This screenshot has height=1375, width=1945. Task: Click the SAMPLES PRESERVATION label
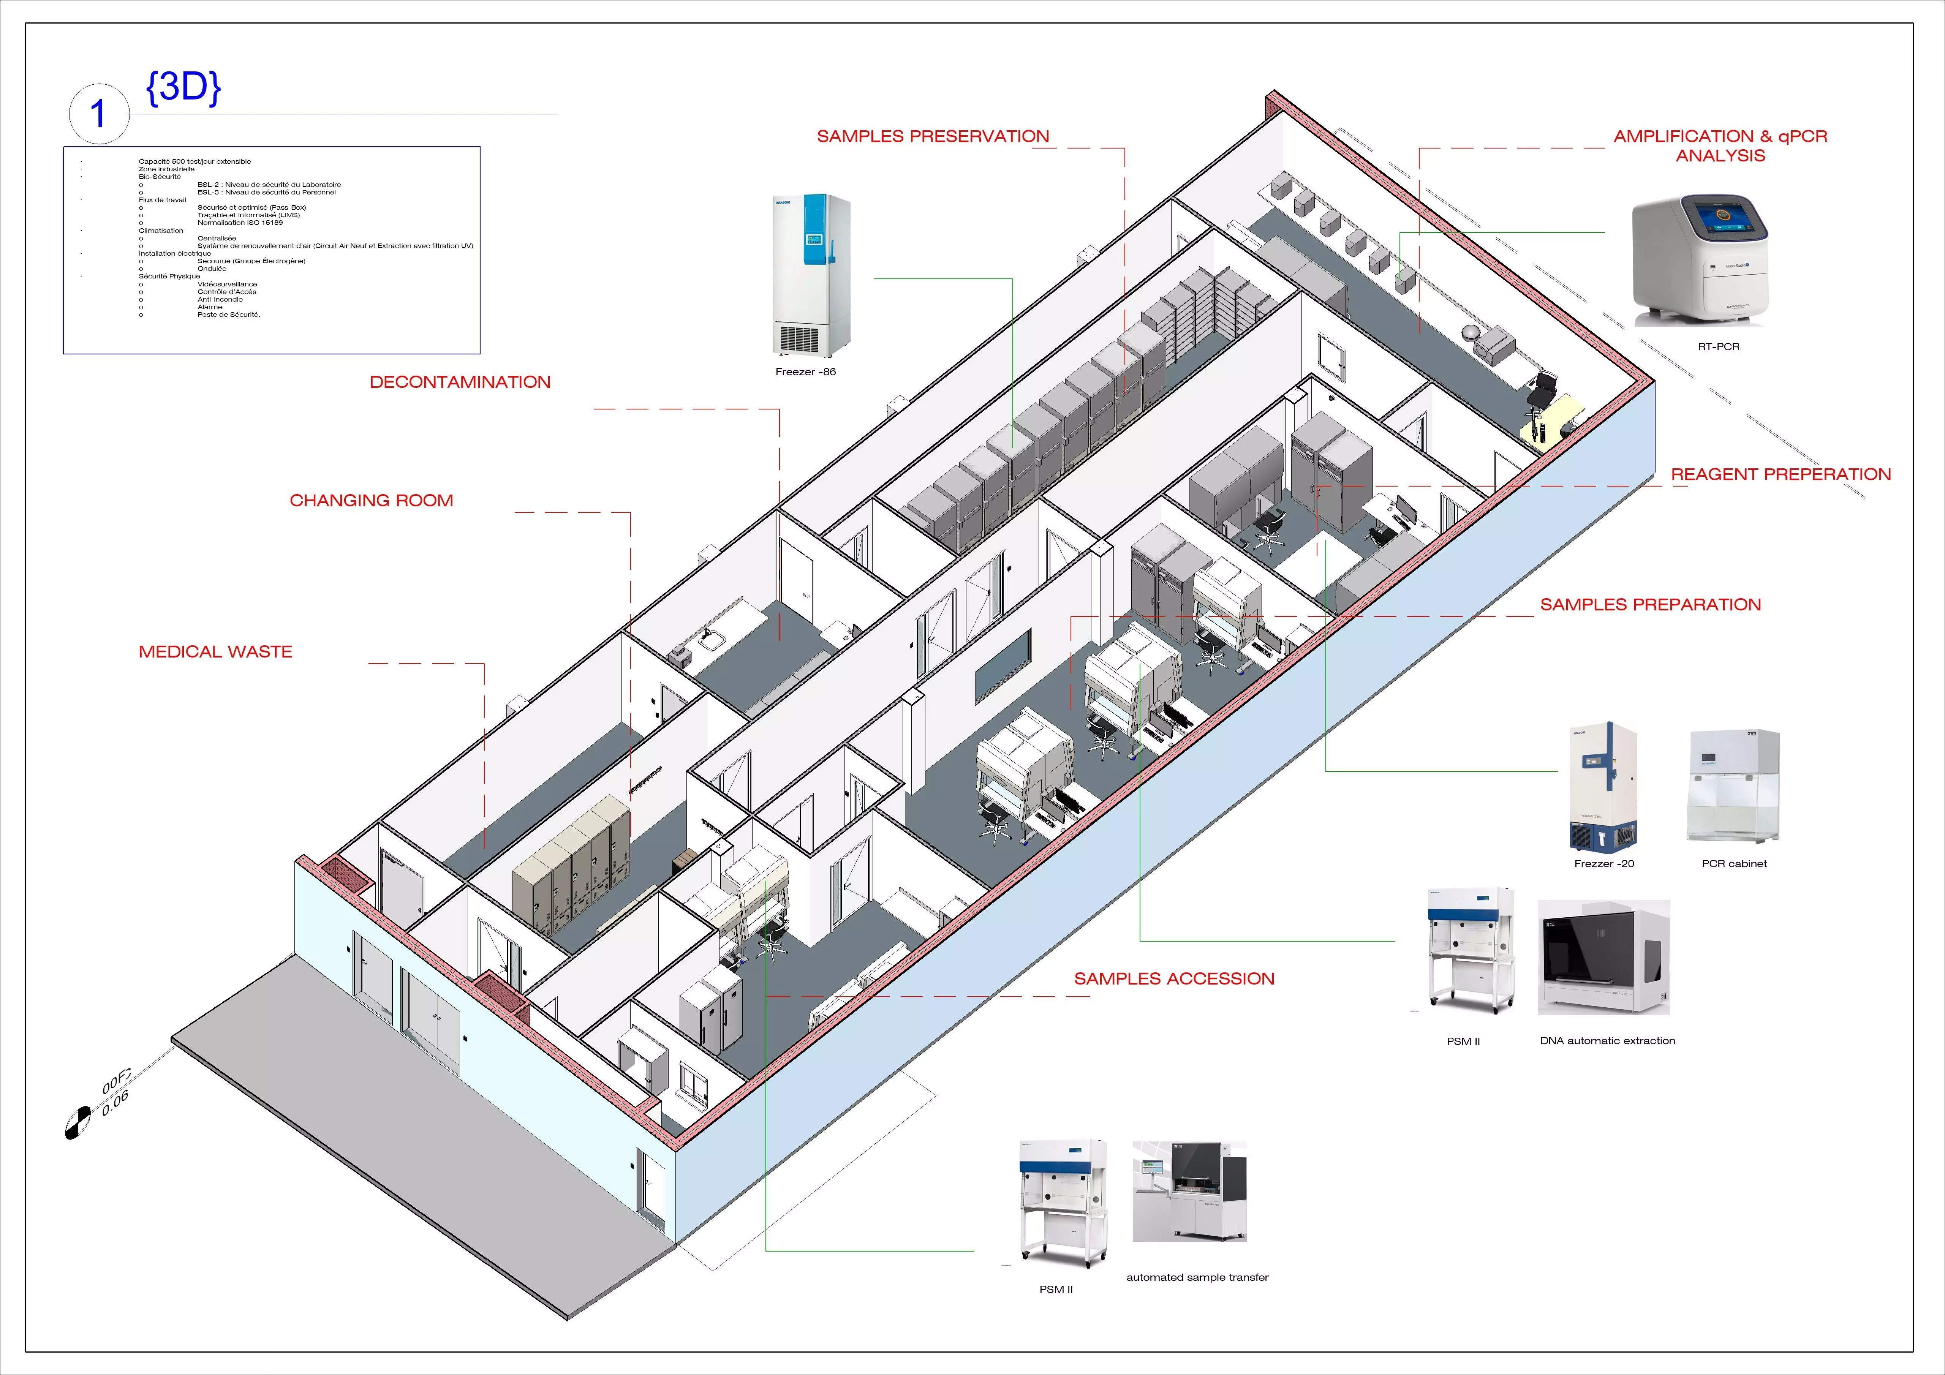pyautogui.click(x=933, y=136)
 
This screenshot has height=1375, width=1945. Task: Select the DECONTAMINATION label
pyautogui.click(x=460, y=382)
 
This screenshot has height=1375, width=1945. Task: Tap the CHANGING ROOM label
pyautogui.click(x=371, y=501)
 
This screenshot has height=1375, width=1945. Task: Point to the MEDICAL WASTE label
pyautogui.click(x=215, y=651)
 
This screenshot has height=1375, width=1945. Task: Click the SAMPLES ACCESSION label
pyautogui.click(x=1174, y=978)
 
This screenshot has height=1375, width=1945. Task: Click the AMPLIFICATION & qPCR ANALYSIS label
pyautogui.click(x=1720, y=146)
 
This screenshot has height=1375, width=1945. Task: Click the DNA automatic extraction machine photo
pyautogui.click(x=1603, y=957)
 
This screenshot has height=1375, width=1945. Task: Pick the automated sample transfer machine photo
pyautogui.click(x=1189, y=1191)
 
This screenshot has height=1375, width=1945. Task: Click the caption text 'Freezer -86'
pyautogui.click(x=805, y=372)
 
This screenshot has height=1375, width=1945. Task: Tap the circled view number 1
pyautogui.click(x=98, y=114)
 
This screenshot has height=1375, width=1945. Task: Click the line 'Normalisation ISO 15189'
pyautogui.click(x=240, y=223)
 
